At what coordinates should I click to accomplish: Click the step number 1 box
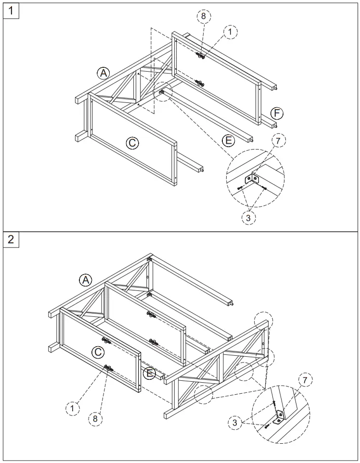10,10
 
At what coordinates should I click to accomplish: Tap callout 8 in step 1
203,15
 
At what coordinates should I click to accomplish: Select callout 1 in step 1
230,31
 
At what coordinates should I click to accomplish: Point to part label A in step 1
103,73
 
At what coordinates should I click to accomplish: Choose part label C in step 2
98,352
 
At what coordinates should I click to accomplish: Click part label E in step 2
150,373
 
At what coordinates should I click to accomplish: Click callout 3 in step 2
235,422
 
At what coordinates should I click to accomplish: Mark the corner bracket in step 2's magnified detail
280,415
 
